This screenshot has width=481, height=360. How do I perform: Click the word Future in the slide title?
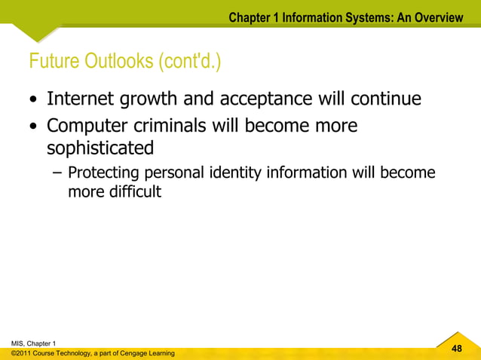pyautogui.click(x=52, y=61)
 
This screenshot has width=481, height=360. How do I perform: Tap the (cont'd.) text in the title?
pyautogui.click(x=190, y=61)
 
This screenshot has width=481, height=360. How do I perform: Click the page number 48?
pyautogui.click(x=455, y=349)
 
